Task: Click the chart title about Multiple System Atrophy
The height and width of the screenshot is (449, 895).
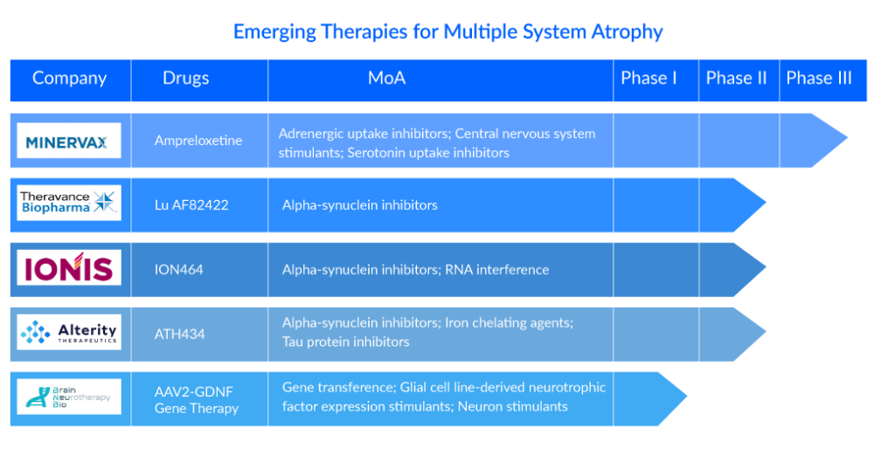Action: [x=448, y=31]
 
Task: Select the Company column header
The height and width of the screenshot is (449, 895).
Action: [x=70, y=78]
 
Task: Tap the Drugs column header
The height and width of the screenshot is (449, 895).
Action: [x=185, y=78]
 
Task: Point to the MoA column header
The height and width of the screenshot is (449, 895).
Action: [x=386, y=78]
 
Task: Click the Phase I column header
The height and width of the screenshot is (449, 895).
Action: [x=649, y=78]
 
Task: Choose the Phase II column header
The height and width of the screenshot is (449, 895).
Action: [x=736, y=78]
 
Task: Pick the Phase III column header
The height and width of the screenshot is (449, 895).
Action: [x=819, y=78]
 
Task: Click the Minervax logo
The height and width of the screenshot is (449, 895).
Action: [x=69, y=141]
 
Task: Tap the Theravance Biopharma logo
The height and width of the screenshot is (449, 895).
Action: [x=69, y=203]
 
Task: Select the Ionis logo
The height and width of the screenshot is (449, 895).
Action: [x=69, y=267]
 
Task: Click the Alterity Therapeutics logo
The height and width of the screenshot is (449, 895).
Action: [x=69, y=331]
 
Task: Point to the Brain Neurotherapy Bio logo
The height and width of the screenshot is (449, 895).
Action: [x=69, y=397]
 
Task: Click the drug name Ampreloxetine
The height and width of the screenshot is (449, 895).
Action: [x=198, y=141]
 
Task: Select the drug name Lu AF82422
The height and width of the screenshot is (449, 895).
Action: [x=191, y=204]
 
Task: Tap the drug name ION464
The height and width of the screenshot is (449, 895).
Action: [x=178, y=269]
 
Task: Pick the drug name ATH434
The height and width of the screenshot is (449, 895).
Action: [x=179, y=334]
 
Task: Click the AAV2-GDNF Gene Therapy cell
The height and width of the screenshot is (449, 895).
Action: [x=197, y=400]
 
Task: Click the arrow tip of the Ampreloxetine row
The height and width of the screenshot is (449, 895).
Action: [x=847, y=137]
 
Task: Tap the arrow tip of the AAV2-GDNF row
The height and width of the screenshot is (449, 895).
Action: [x=687, y=397]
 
